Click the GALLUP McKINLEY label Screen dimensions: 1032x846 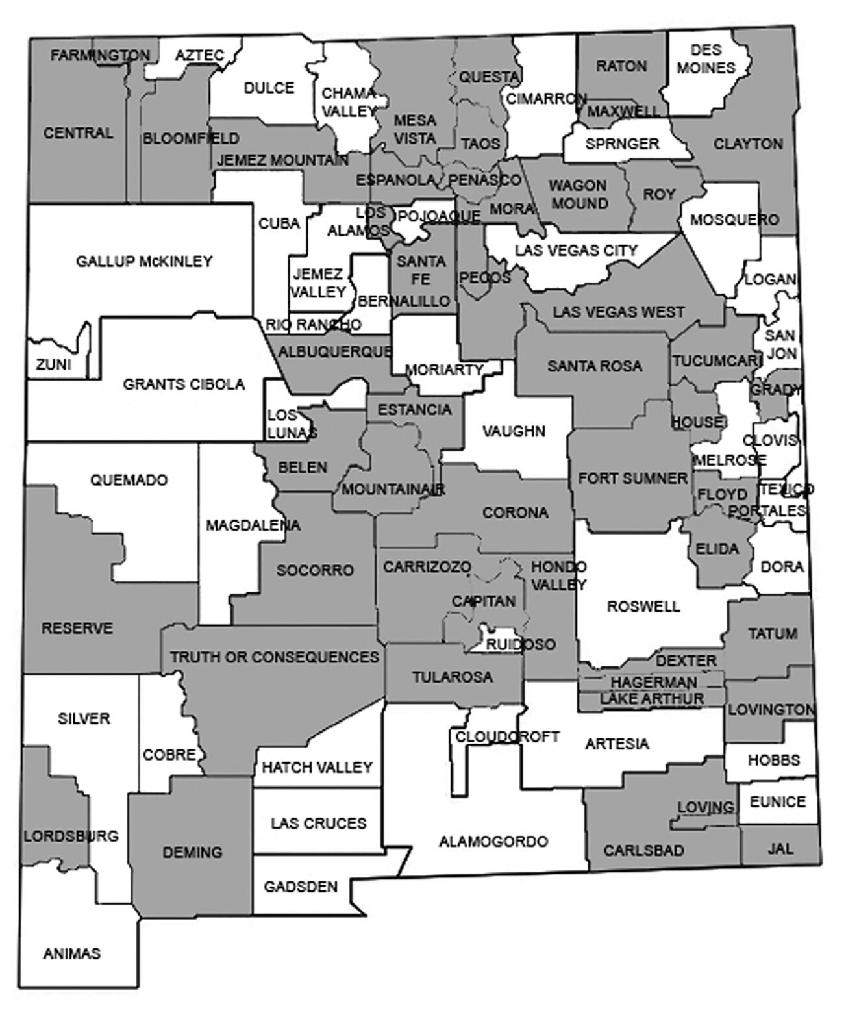(144, 262)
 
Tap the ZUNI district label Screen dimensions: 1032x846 (53, 365)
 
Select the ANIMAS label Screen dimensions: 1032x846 (72, 953)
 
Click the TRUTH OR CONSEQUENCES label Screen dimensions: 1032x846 (275, 657)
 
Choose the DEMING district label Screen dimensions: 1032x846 (192, 851)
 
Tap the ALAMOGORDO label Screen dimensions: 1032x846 (493, 842)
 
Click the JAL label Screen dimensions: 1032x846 (780, 849)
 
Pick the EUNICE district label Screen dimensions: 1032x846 (777, 802)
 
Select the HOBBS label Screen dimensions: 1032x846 (773, 760)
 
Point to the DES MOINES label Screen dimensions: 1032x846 (706, 59)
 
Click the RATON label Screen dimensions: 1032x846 (621, 66)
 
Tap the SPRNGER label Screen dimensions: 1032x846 (622, 144)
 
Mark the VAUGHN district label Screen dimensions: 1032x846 (515, 431)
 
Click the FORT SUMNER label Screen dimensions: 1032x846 (632, 479)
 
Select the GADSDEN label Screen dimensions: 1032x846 (300, 887)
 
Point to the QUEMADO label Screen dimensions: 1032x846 (129, 480)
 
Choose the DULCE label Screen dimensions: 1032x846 (269, 88)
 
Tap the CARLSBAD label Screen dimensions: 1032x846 (643, 850)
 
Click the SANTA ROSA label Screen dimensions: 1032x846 (595, 366)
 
